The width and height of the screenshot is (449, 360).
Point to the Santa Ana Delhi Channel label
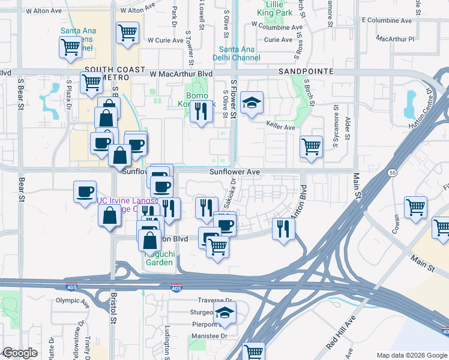pyautogui.click(x=240, y=53)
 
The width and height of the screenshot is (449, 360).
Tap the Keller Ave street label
pyautogui.click(x=281, y=127)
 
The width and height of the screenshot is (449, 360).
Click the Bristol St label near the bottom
pyautogui.click(x=113, y=308)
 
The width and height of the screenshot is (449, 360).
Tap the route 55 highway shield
pyautogui.click(x=391, y=172)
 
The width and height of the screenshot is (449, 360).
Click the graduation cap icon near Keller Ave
pyautogui.click(x=252, y=103)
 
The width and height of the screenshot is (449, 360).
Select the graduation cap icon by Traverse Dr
pyautogui.click(x=224, y=312)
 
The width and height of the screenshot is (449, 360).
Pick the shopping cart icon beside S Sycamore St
pyautogui.click(x=311, y=146)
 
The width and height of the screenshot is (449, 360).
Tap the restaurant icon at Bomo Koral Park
pyautogui.click(x=201, y=110)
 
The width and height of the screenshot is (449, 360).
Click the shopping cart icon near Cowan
pyautogui.click(x=415, y=207)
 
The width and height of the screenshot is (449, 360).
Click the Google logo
pyautogui.click(x=19, y=353)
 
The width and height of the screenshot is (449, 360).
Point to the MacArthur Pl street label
pyautogui.click(x=395, y=38)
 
